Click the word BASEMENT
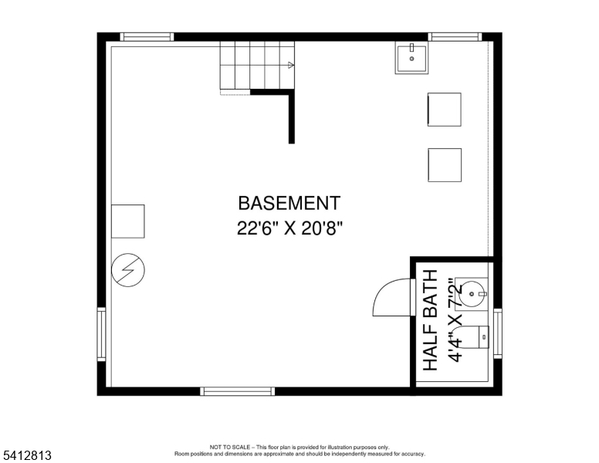(x=289, y=204)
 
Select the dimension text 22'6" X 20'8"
(x=289, y=228)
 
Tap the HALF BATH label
(x=431, y=319)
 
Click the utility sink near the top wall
(x=411, y=58)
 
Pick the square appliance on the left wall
(x=127, y=221)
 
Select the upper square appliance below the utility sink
(x=444, y=110)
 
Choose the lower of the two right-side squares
(x=445, y=165)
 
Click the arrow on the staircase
(x=290, y=65)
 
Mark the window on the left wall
(x=101, y=334)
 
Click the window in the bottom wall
(x=237, y=391)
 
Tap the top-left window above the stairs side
(x=147, y=36)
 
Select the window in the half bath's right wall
(x=497, y=333)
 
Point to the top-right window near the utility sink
(x=455, y=36)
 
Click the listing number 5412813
(x=26, y=456)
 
